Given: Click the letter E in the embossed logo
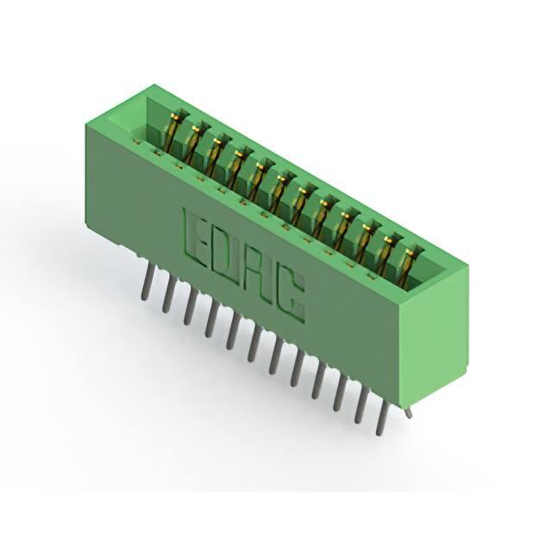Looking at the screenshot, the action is click(x=196, y=236).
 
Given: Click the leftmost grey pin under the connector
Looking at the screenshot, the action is click(x=147, y=282).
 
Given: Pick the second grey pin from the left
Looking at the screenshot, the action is click(x=169, y=293).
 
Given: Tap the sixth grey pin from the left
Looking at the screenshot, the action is click(x=254, y=342).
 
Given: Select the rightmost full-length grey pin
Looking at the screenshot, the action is click(x=383, y=417).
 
